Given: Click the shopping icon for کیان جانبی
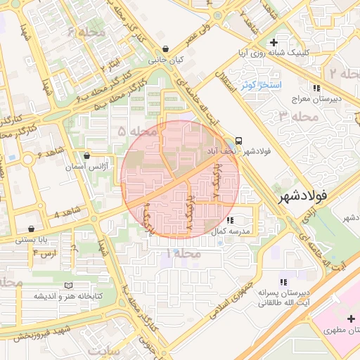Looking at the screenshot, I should (x=165, y=49).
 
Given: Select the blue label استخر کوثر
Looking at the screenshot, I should (x=261, y=85).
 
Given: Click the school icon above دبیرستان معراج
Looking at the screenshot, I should (x=317, y=87).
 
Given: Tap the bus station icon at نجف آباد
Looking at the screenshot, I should (x=239, y=140).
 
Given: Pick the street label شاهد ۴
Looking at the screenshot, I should (x=67, y=212).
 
